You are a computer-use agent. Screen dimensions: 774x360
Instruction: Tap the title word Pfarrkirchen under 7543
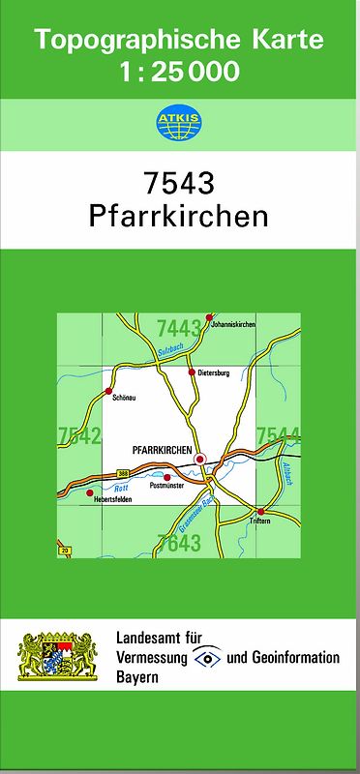(178, 216)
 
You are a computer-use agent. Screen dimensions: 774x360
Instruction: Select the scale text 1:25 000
(179, 72)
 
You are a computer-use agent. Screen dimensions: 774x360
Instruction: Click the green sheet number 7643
(178, 544)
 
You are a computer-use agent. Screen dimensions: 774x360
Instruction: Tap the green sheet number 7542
(79, 436)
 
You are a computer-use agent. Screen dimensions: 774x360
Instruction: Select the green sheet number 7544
(278, 436)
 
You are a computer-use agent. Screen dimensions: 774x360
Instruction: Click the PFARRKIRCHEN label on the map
(161, 451)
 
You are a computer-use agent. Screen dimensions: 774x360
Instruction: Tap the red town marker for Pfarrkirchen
(200, 459)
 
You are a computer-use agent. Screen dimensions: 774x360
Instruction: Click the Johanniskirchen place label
(233, 325)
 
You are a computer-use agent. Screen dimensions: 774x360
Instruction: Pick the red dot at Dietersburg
(191, 372)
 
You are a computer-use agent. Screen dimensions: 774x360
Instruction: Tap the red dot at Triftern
(260, 511)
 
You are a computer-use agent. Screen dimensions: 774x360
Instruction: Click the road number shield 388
(123, 471)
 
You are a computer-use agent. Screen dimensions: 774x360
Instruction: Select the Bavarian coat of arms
(58, 655)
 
